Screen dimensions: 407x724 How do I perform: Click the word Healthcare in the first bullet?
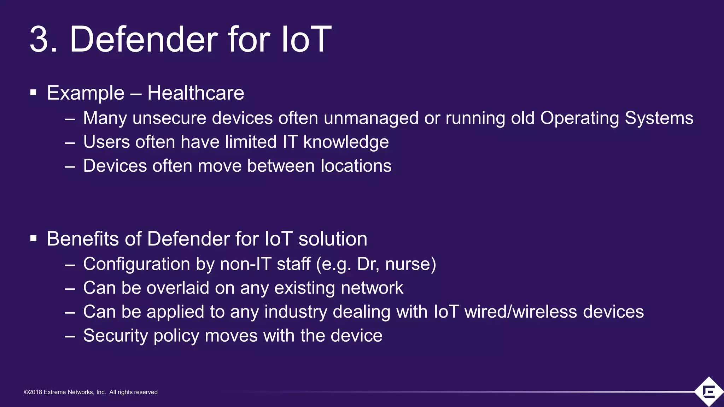tap(195, 93)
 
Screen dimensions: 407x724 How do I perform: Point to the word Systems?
tap(659, 118)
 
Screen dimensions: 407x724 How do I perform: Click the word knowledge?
tap(346, 142)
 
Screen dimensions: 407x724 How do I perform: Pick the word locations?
tap(356, 166)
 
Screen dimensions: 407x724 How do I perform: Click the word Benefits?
tap(82, 239)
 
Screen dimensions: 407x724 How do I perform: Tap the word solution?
tap(333, 239)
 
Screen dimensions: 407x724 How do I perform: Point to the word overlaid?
tap(178, 288)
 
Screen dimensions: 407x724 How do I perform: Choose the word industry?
tap(296, 312)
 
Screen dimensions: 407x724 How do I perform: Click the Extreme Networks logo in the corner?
tap(708, 392)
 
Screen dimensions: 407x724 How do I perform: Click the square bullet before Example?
tap(34, 93)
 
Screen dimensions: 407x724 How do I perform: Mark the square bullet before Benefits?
tap(34, 239)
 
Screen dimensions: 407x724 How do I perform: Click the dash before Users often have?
tap(70, 143)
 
